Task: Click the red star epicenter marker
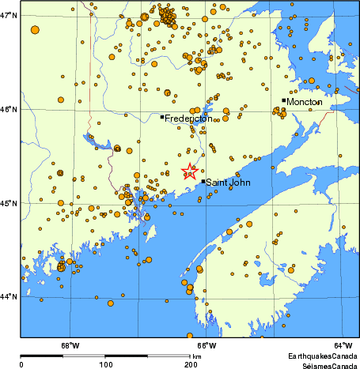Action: (x=190, y=171)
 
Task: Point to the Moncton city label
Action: (x=305, y=102)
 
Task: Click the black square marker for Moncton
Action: (x=284, y=100)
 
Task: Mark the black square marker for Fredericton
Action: (x=162, y=117)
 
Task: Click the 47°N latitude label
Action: (x=9, y=16)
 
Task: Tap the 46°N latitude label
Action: (x=9, y=110)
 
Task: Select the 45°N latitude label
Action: (x=9, y=204)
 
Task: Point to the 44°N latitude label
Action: (x=9, y=297)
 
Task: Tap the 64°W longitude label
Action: (x=342, y=345)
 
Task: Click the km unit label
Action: (x=197, y=357)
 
